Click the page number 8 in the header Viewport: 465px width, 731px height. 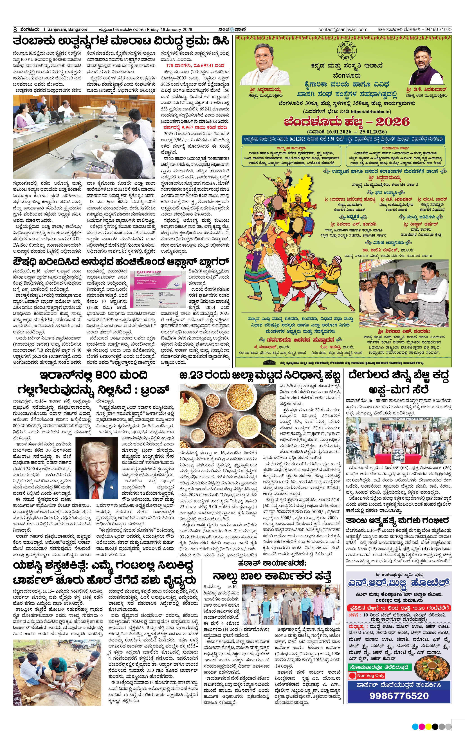(x=15, y=30)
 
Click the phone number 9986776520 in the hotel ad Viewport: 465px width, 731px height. (x=399, y=696)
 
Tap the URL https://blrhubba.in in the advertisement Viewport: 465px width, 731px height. (x=371, y=112)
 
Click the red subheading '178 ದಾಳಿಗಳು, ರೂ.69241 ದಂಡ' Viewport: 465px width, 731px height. (x=195, y=65)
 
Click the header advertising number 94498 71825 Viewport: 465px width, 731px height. (x=438, y=29)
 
